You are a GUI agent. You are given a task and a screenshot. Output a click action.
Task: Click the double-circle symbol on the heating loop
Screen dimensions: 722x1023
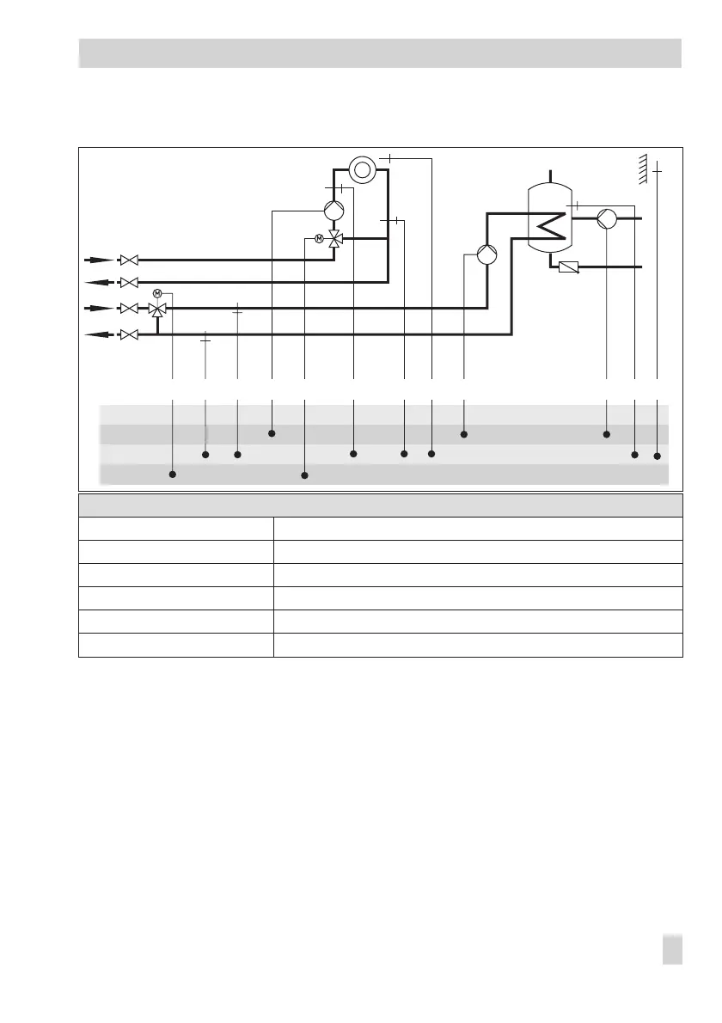point(363,169)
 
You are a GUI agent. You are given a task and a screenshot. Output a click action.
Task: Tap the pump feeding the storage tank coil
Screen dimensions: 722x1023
point(487,255)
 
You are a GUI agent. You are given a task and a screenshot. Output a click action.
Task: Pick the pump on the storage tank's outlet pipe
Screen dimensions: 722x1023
point(606,218)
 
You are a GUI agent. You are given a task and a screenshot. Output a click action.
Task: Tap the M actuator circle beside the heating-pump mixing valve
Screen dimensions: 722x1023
point(319,238)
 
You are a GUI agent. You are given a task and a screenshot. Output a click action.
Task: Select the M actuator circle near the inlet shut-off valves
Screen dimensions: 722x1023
point(157,294)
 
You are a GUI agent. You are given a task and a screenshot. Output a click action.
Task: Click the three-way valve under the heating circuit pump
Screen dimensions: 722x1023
point(335,238)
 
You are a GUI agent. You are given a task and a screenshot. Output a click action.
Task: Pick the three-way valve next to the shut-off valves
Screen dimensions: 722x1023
point(157,309)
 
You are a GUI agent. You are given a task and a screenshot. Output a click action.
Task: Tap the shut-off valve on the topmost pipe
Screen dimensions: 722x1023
point(129,259)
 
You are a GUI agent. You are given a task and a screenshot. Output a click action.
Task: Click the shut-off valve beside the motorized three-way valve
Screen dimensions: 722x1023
point(129,309)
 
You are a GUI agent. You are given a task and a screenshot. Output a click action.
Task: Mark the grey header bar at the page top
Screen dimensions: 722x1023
point(380,52)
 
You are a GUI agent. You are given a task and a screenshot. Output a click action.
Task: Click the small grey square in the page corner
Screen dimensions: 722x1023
point(674,950)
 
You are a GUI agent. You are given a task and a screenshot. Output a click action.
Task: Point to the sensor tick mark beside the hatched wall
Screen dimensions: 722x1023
point(658,171)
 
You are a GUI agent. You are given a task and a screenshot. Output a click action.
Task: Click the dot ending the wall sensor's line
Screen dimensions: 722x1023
point(658,456)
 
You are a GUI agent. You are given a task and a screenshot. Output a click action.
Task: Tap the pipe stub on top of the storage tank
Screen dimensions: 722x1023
point(549,175)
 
